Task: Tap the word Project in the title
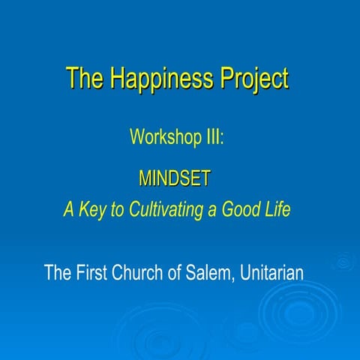(251, 79)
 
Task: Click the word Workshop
(161, 137)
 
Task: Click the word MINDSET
(175, 178)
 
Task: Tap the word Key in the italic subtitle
(93, 209)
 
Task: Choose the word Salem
(211, 271)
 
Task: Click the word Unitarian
(273, 271)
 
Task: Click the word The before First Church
(58, 271)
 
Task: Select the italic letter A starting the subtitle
(68, 209)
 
